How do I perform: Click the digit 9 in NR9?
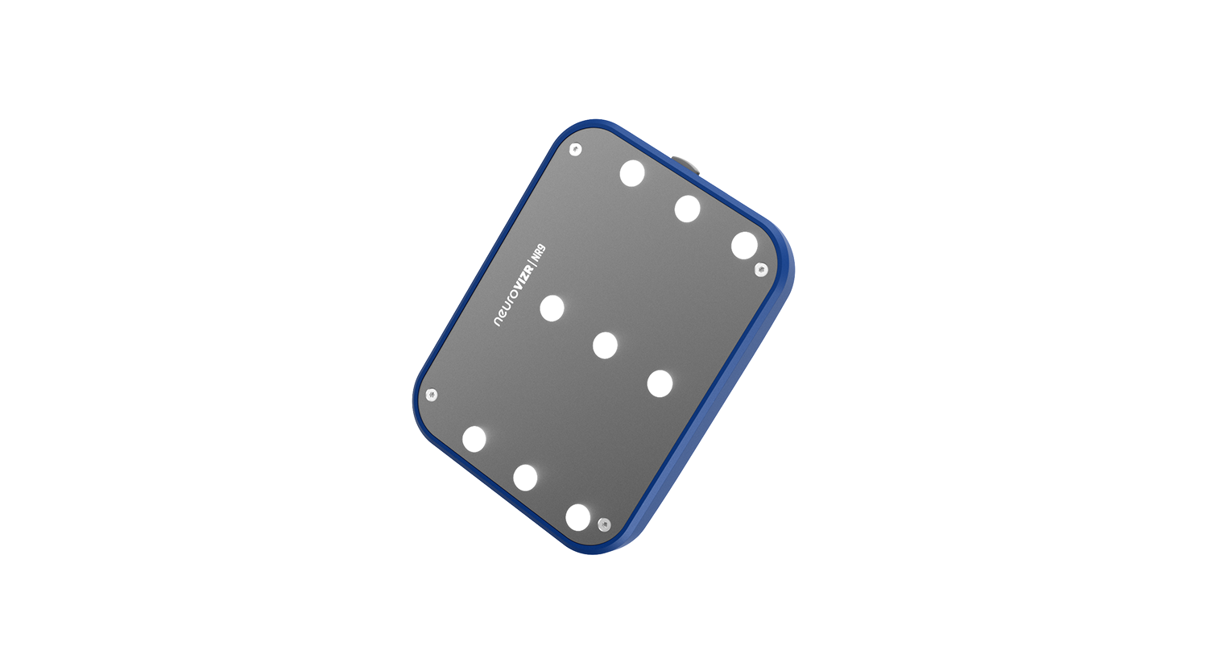[542, 248]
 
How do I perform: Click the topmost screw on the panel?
[575, 149]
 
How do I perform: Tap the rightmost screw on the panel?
[760, 270]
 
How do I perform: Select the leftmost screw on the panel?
[432, 395]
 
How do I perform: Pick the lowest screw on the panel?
[604, 525]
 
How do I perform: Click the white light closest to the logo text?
[552, 308]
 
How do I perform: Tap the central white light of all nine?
[605, 346]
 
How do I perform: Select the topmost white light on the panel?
[632, 173]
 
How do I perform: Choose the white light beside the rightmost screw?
[744, 246]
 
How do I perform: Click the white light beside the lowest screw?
[577, 517]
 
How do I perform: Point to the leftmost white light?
[474, 439]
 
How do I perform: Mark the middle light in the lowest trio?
[525, 478]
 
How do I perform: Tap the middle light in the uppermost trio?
[687, 209]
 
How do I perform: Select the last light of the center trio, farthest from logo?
[660, 383]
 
